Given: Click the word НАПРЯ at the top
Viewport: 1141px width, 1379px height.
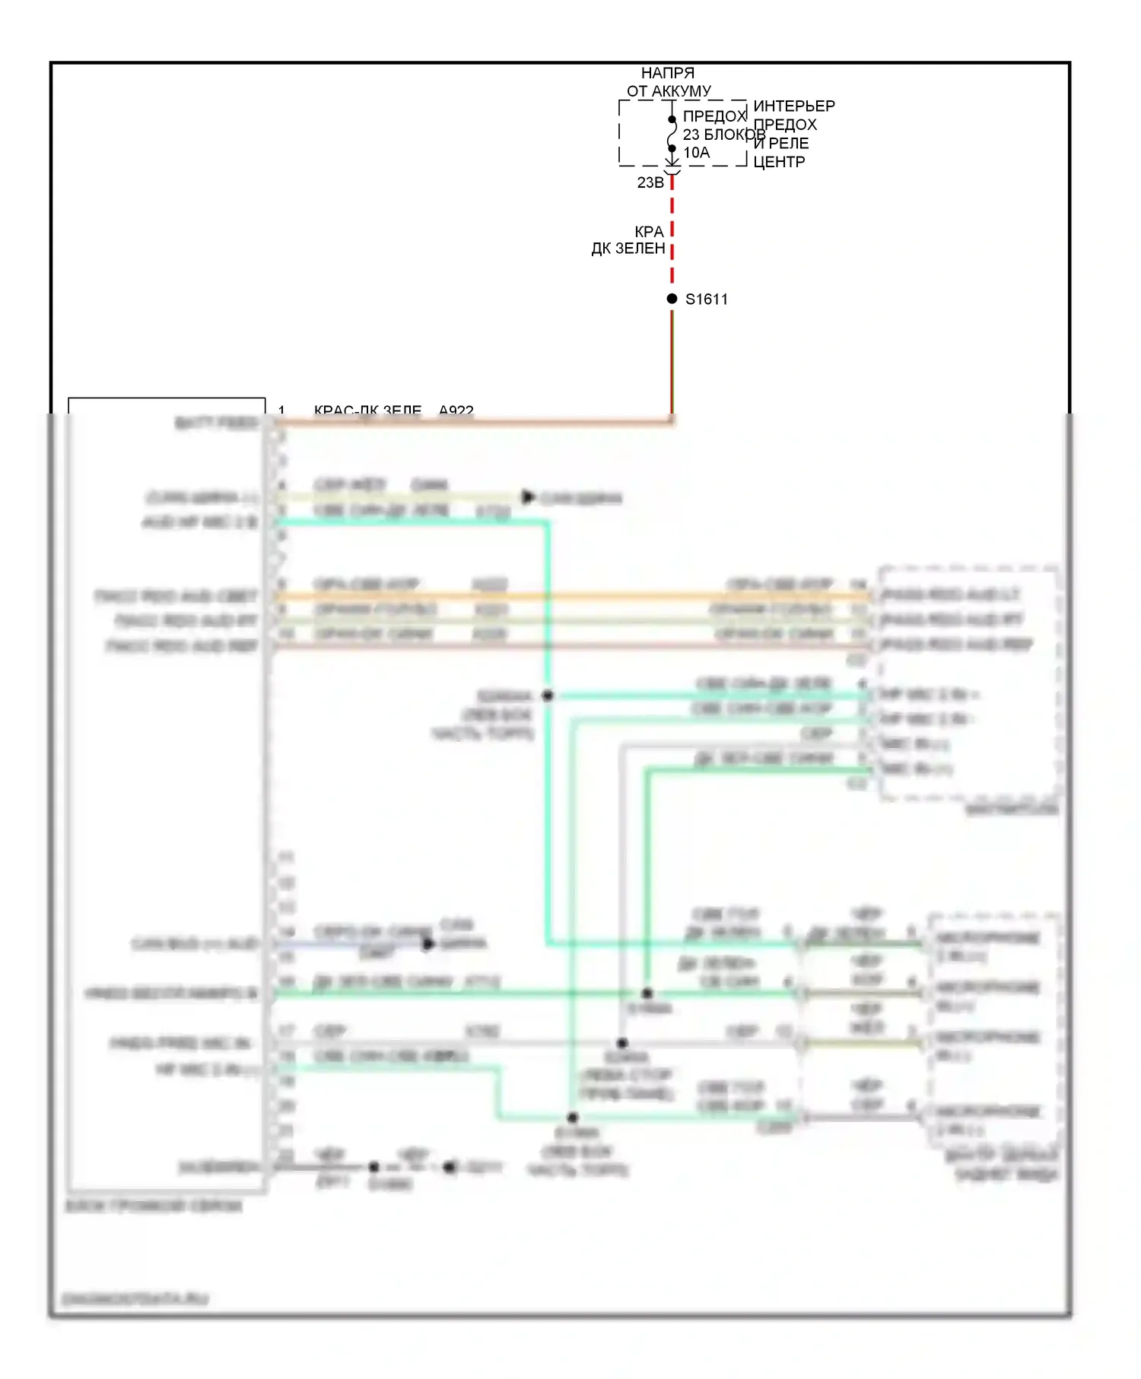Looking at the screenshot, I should click(667, 73).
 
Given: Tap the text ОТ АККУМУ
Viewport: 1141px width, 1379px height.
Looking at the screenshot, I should click(669, 91).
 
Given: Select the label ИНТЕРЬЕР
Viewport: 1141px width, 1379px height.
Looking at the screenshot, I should click(794, 106).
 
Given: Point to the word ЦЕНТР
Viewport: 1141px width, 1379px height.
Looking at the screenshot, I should click(779, 162).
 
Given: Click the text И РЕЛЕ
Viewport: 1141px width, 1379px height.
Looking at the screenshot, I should click(781, 143).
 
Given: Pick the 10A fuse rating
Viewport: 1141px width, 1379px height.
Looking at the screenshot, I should click(697, 153).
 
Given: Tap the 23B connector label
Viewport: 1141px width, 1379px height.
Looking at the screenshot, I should click(650, 182).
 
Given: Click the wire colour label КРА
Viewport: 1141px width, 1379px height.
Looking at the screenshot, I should click(649, 231).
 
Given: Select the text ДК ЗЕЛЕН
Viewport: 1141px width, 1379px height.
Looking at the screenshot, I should click(628, 249).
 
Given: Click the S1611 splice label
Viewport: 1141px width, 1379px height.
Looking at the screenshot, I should click(707, 300).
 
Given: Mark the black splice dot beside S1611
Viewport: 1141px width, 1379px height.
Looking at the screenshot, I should click(672, 299).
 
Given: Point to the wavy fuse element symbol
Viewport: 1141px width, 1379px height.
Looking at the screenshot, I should click(672, 135).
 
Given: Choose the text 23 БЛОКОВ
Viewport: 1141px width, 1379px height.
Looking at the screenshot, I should click(723, 135).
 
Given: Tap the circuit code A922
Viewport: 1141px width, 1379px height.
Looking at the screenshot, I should click(456, 411).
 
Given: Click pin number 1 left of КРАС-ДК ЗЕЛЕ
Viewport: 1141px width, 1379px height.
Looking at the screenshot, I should click(281, 411).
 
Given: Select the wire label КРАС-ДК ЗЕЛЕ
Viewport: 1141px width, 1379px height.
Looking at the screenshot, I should click(367, 411).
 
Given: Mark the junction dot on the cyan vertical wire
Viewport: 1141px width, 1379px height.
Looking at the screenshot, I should click(548, 696).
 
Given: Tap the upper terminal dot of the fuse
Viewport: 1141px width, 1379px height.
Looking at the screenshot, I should click(672, 119).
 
